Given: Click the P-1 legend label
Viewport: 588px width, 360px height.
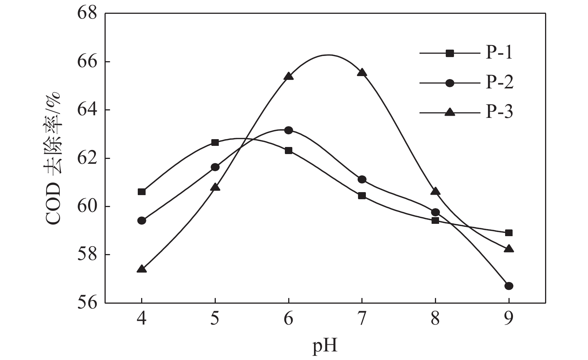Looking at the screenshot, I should [x=499, y=53].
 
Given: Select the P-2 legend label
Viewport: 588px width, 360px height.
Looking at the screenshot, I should [x=499, y=82].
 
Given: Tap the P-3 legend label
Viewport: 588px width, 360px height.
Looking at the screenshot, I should [x=499, y=112].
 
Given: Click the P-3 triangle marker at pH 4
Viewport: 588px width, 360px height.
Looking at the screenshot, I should [x=142, y=269].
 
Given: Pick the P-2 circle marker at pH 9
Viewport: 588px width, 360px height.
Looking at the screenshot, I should [x=508, y=286].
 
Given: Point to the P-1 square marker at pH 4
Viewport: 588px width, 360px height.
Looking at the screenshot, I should [x=142, y=192].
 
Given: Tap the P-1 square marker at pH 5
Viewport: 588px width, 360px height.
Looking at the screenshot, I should [x=215, y=143].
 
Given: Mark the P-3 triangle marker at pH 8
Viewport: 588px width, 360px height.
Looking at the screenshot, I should [x=435, y=191].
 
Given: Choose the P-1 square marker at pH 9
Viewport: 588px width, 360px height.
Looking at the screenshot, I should [x=508, y=233].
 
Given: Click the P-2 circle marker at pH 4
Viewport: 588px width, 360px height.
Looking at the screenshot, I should [x=142, y=220].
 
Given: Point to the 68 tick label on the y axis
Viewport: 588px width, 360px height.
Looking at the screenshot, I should [x=87, y=14].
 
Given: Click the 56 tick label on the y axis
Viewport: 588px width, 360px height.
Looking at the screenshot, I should [x=87, y=303].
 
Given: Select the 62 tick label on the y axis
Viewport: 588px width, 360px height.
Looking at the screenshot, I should [x=87, y=158].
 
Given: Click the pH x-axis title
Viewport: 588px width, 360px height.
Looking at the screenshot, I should [x=325, y=346].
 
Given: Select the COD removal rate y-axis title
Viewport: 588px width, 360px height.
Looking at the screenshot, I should [x=54, y=159].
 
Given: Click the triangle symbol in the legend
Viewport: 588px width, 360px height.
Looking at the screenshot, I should [x=450, y=112].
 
